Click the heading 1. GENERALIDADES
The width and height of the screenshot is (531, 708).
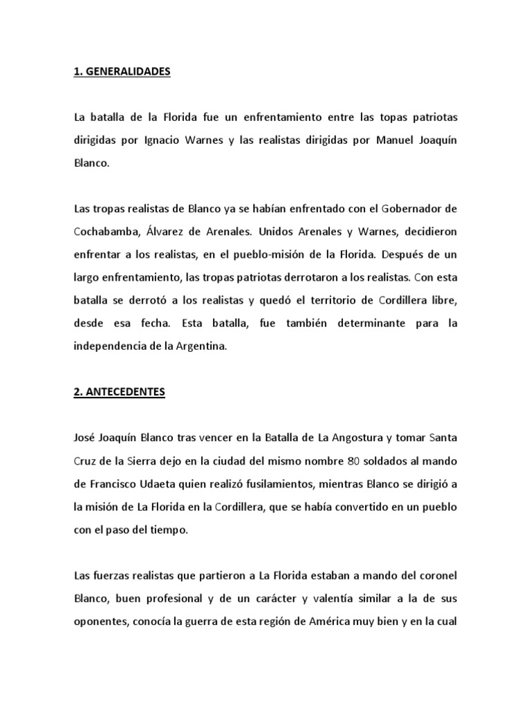tap(121, 72)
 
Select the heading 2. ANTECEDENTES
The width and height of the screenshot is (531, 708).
tap(119, 391)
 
